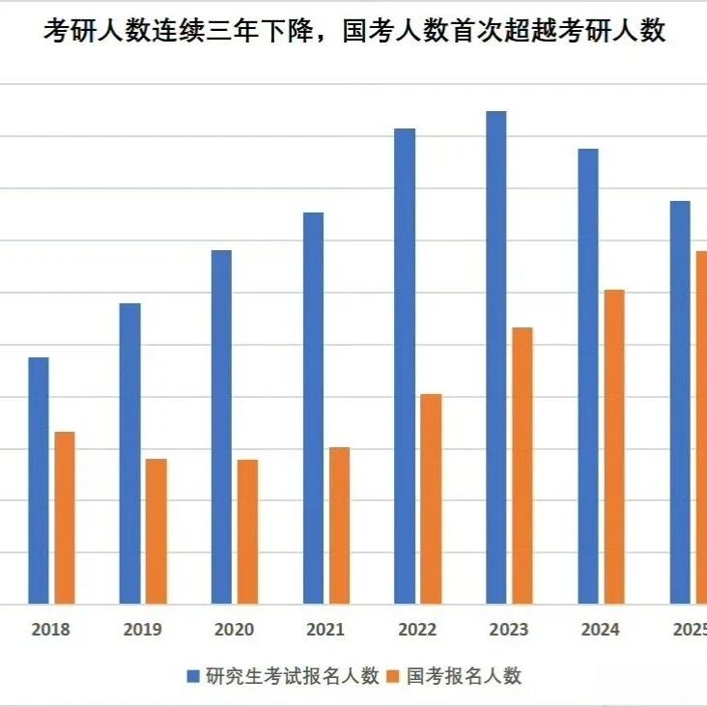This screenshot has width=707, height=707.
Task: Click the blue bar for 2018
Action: pos(39,481)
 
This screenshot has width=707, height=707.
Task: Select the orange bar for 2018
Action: pos(65,518)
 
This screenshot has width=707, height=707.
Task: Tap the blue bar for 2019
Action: pos(129,454)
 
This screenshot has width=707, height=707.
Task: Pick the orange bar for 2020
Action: pos(247,531)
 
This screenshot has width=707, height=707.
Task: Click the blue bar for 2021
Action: pos(313,408)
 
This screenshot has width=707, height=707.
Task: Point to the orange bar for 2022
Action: pos(431,498)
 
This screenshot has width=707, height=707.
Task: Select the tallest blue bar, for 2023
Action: pos(496,357)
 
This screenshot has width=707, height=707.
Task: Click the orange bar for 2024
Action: pos(614,447)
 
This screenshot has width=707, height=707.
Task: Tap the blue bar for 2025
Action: pos(680,402)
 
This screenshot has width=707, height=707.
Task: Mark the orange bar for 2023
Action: pos(523,466)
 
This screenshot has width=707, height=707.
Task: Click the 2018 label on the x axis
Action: pos(50,630)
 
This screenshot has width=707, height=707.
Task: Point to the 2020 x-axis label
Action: pos(234,630)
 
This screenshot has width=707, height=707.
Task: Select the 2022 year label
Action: pos(417,630)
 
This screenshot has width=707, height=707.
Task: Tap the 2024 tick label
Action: pos(600,630)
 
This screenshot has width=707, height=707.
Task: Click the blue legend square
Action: pos(193,676)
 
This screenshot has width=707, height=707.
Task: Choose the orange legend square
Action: pos(393,676)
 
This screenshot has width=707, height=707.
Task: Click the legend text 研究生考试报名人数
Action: pos(293,676)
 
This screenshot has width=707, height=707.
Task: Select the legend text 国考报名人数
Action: pos(464,676)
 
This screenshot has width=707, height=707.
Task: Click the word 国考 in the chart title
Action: pos(368,31)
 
